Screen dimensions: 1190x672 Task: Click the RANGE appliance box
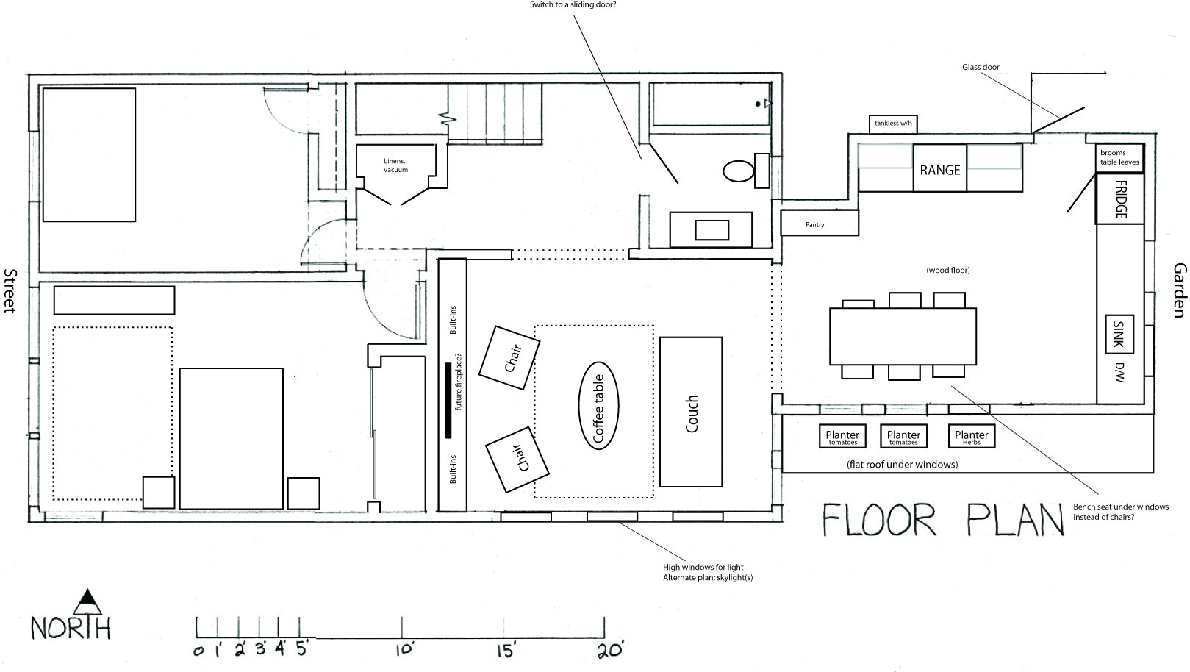coord(940,168)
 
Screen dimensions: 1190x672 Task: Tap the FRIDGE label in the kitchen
coord(1120,199)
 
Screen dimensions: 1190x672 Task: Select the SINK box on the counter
coord(1119,334)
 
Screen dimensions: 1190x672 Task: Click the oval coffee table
coord(598,406)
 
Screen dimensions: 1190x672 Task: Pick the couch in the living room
coord(691,412)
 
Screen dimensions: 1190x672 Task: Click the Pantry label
coord(814,225)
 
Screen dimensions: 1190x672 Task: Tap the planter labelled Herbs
coord(971,436)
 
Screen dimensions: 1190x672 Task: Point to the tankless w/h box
coord(893,124)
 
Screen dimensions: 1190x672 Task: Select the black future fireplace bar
coord(448,401)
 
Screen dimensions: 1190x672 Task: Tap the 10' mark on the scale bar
coord(401,627)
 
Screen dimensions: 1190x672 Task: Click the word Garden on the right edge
coord(1180,290)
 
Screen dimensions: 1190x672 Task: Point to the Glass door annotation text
coord(981,68)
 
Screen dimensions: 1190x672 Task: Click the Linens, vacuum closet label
coord(395,165)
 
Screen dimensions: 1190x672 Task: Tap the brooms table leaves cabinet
coord(1119,158)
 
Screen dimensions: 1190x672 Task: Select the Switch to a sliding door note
coord(573,5)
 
